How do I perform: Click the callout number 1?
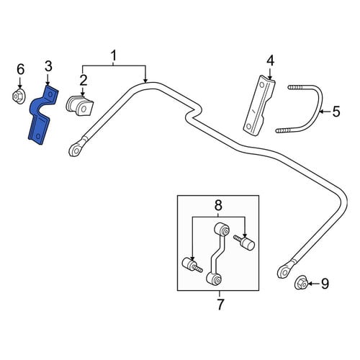(x=114, y=55)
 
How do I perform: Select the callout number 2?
(x=84, y=81)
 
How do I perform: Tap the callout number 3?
(x=48, y=66)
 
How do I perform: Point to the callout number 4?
(x=270, y=60)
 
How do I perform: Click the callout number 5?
(x=336, y=112)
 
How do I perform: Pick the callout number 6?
(x=20, y=69)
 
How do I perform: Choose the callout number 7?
(x=220, y=305)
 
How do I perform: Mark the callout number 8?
(x=218, y=206)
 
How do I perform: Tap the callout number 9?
(x=325, y=284)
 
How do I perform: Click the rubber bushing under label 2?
(x=79, y=107)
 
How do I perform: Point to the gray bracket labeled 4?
(x=260, y=106)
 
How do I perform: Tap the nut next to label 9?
(x=302, y=284)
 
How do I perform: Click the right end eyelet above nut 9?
(x=284, y=271)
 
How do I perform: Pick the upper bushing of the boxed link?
(x=222, y=229)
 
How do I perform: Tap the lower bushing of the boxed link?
(x=214, y=279)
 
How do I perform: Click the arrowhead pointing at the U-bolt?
(x=322, y=112)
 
